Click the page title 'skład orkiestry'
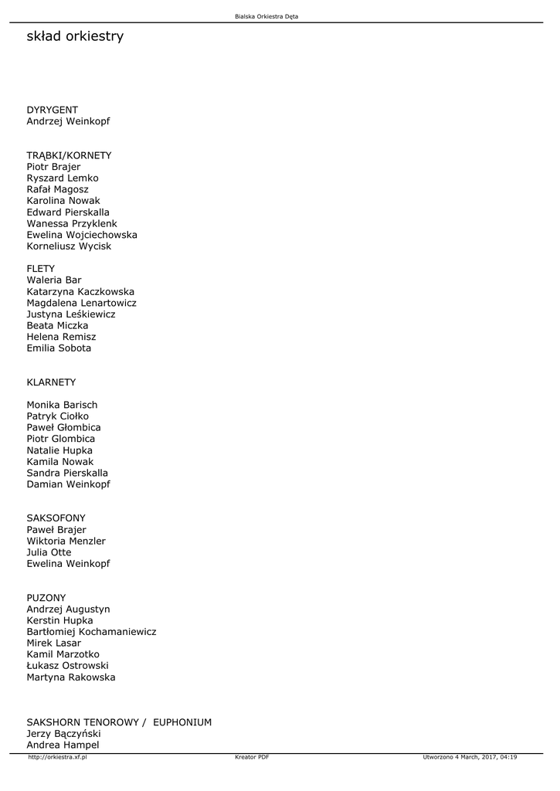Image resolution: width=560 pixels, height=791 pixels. click(x=75, y=37)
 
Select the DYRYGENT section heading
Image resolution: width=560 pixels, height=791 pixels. click(x=53, y=110)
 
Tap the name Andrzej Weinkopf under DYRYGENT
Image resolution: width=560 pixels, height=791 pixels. click(x=68, y=121)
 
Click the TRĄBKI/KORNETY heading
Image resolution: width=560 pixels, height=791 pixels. click(x=69, y=155)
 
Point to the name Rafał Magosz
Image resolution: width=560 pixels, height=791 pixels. click(x=58, y=189)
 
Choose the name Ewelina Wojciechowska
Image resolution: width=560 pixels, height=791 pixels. click(x=82, y=235)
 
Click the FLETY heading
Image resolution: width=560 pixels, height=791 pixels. click(x=41, y=269)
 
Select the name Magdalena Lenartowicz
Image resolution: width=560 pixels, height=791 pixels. click(x=81, y=303)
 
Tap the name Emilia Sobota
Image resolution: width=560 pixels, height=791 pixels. click(x=59, y=348)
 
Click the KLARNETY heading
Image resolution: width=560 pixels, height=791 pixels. click(x=51, y=382)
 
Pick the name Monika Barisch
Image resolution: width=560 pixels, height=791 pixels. click(x=62, y=405)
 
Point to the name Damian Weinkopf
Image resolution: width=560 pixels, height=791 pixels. click(x=68, y=484)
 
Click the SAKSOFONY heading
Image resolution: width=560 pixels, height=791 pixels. click(x=56, y=518)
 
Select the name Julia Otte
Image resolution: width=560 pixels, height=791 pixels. click(x=49, y=552)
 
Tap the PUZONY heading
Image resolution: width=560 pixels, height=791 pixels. click(x=46, y=598)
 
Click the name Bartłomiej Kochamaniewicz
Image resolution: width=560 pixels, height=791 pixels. click(x=91, y=632)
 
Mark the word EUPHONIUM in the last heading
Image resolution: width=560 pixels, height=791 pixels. click(x=182, y=722)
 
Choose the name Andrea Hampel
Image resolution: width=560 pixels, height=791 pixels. click(x=63, y=745)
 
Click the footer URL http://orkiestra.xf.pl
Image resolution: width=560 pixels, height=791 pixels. click(x=57, y=757)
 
